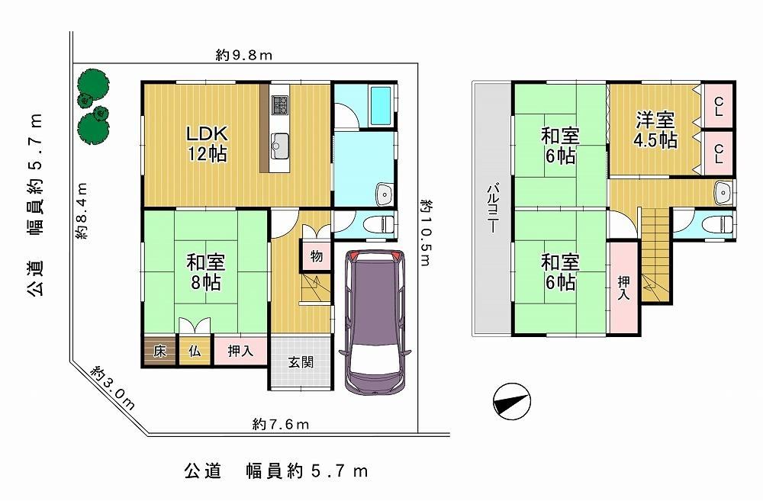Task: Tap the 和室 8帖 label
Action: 206,272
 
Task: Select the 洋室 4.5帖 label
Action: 655,130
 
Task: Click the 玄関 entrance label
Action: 301,362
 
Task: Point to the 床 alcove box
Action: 160,351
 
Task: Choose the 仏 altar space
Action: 195,351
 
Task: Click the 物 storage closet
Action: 317,256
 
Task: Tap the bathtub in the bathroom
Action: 381,107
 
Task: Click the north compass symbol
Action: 511,401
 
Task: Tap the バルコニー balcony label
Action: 494,209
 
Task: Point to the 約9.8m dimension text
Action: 244,56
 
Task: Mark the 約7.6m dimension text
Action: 281,425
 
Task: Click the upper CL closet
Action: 719,107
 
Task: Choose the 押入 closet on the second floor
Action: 623,288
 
